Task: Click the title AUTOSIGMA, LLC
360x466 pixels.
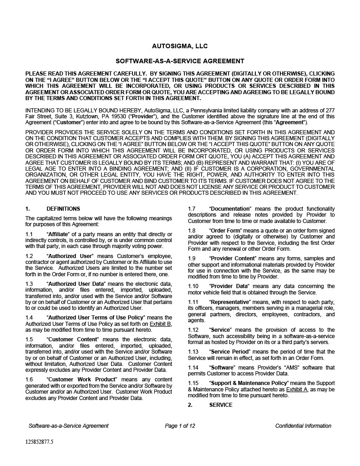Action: (x=180, y=46)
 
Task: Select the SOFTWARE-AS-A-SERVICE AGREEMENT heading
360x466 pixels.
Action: (x=180, y=61)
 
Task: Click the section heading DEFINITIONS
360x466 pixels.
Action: (x=63, y=209)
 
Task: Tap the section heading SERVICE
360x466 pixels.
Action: (x=221, y=405)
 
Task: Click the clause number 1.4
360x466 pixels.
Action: (x=29, y=318)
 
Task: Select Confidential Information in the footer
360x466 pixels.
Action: (x=303, y=426)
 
